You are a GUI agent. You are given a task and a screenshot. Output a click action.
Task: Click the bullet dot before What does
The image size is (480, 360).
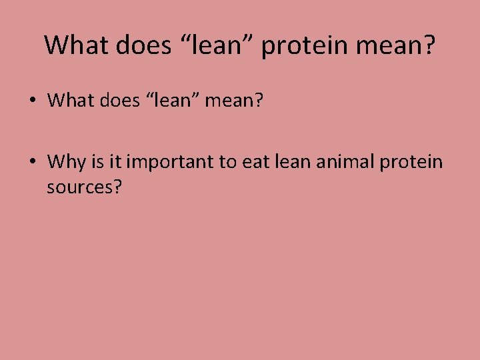pyautogui.click(x=31, y=101)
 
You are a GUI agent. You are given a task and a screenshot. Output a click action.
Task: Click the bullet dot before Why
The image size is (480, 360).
pyautogui.click(x=31, y=162)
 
